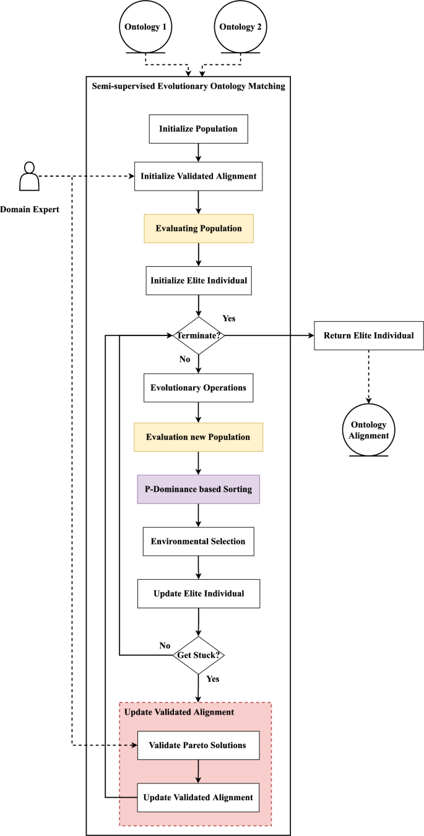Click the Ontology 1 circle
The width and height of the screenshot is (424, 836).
(x=145, y=27)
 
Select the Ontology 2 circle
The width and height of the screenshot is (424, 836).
(x=241, y=27)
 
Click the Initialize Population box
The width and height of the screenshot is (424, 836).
(x=198, y=129)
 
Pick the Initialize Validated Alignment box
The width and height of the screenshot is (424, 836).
(x=198, y=176)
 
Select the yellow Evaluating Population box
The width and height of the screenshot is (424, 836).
(x=198, y=228)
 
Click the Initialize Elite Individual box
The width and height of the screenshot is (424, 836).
(x=198, y=280)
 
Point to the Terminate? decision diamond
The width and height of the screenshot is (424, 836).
(x=198, y=335)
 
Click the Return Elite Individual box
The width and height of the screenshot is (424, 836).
(x=369, y=335)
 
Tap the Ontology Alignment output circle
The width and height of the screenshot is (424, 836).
(x=369, y=429)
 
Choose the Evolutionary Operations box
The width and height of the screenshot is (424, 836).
(x=198, y=388)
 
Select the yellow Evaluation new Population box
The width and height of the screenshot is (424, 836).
(x=198, y=437)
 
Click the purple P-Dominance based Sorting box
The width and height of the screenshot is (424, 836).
(x=198, y=489)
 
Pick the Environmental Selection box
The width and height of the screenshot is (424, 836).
(x=198, y=541)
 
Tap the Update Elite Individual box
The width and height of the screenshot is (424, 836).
(x=198, y=593)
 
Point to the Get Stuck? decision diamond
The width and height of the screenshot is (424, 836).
(x=198, y=655)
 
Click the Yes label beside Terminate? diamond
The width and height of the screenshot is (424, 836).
(x=229, y=319)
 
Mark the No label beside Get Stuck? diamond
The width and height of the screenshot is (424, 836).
(x=165, y=645)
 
